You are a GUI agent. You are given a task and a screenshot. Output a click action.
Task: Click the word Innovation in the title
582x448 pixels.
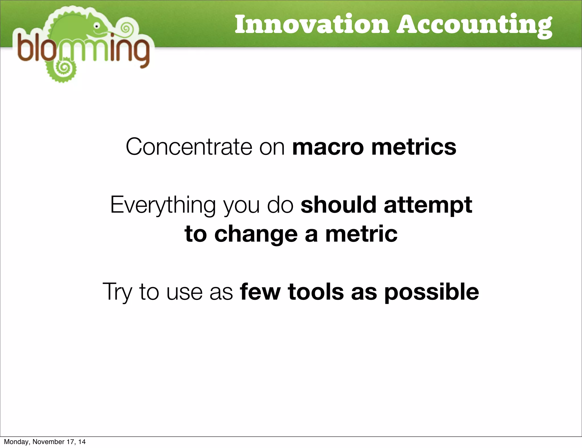pyautogui.click(x=311, y=24)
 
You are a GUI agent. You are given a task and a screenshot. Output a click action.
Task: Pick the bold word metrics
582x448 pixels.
pyautogui.click(x=413, y=147)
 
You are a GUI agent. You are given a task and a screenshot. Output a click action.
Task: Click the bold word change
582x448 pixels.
pyautogui.click(x=256, y=235)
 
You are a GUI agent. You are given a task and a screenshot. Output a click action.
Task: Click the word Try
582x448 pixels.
pyautogui.click(x=117, y=292)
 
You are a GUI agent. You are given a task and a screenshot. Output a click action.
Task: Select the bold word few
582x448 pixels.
pyautogui.click(x=260, y=292)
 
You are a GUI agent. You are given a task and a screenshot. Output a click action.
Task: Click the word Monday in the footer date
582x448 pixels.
pyautogui.click(x=16, y=442)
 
